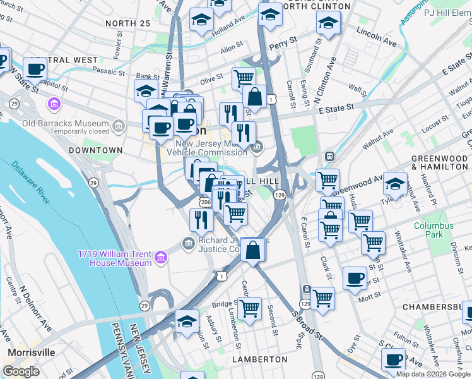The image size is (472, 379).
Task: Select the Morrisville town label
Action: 31,352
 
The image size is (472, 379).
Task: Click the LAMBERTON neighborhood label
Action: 260,359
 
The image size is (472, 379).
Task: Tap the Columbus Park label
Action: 434,230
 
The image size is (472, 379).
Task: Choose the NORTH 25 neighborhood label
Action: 128,23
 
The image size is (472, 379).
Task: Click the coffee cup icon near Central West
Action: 35,69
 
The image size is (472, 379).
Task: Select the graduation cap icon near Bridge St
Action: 187,322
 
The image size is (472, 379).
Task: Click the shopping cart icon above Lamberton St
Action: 249,309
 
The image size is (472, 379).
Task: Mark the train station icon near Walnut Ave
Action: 329,156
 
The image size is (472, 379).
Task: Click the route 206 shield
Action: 205,202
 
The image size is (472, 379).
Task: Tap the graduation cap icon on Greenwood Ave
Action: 395,183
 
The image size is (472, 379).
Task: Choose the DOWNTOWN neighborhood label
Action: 95,150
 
